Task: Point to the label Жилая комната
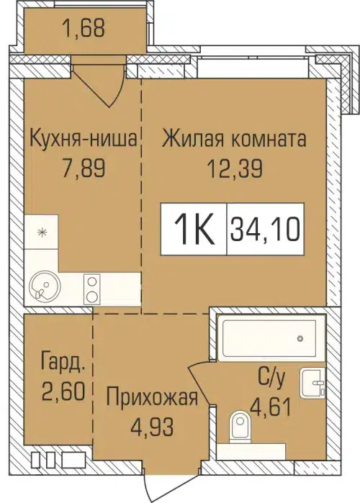[x=235, y=137]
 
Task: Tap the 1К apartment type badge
[x=193, y=230]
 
